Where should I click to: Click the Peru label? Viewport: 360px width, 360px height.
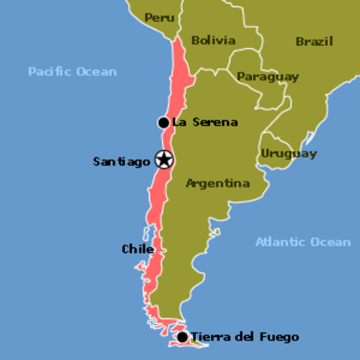160,17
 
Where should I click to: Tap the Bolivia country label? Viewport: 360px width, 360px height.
213,40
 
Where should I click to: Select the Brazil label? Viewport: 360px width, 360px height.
313,41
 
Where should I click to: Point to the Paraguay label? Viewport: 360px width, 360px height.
268,76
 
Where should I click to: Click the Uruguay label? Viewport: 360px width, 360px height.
289,154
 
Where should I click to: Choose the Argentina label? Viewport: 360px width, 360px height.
217,183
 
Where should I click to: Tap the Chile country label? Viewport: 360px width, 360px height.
137,249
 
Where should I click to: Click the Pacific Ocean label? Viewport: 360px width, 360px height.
73,72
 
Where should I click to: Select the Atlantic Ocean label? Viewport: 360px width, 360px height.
302,241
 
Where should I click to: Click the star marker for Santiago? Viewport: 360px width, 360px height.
164,159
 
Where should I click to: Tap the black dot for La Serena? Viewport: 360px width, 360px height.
163,122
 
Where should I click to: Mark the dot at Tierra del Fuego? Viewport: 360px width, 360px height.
181,337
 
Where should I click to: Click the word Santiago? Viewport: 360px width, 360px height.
121,161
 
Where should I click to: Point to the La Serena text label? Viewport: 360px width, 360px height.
205,122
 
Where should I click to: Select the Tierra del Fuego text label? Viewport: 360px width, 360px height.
244,337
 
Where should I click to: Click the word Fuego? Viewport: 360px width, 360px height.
280,337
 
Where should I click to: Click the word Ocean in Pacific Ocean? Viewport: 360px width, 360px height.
97,72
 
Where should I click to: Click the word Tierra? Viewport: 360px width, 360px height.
209,337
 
